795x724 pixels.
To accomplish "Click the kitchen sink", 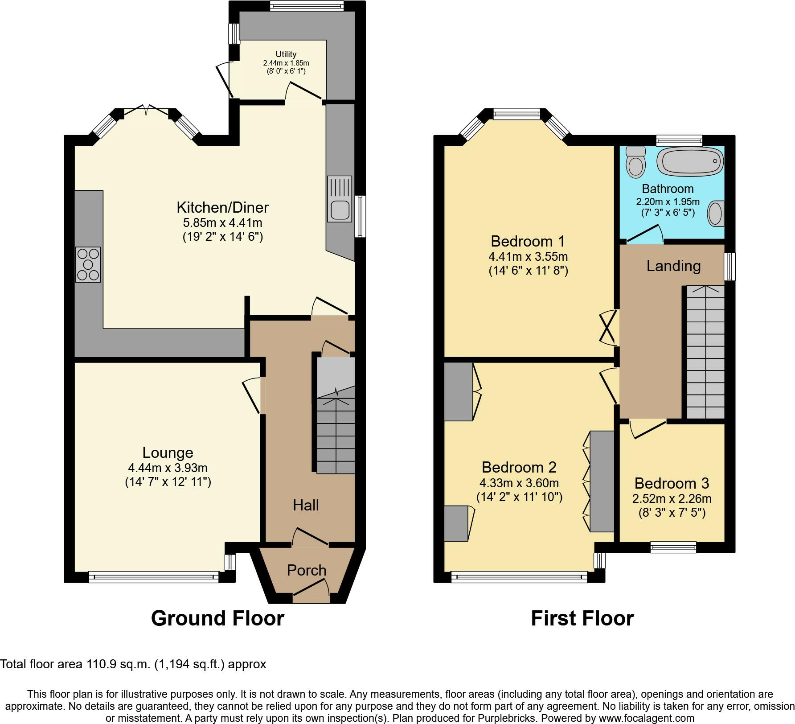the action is pos(340,199).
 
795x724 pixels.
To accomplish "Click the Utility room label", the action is pos(286,54).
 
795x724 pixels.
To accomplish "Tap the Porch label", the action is pos(307,570).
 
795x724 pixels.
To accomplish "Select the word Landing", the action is pos(673,266).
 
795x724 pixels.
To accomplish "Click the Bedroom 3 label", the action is pos(672,483).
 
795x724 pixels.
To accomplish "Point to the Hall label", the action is pos(306,505).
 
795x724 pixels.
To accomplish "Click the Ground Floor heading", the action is pos(217,618).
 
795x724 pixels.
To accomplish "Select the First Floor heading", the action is pos(582,618).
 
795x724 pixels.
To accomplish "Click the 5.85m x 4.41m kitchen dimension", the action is pos(223,222).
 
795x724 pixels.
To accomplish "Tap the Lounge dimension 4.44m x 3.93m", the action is pos(168,468).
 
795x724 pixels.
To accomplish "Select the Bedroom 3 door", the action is pos(647,429).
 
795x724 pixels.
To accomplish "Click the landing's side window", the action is pos(729,267).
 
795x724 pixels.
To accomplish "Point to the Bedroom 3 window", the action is pos(673,547).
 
